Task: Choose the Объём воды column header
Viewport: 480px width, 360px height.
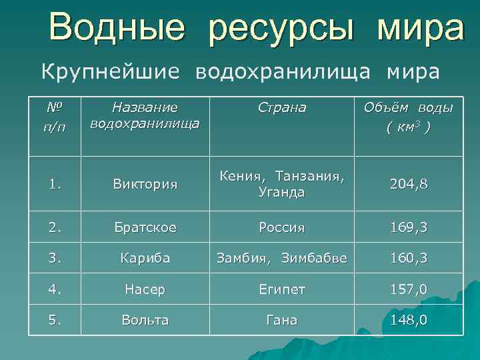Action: coord(408,116)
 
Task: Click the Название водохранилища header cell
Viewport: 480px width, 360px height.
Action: coord(145,115)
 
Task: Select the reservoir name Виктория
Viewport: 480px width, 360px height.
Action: coord(145,184)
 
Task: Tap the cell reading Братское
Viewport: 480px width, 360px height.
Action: coord(145,227)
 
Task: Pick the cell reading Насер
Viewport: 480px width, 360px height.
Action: coord(145,289)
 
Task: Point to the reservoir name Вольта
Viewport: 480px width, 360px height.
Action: coord(145,320)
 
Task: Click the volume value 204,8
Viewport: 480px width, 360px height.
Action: coord(409,184)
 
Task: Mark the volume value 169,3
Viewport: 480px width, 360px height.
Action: coord(409,227)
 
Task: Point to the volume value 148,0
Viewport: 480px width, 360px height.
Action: coord(409,320)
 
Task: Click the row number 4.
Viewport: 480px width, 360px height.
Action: coord(53,289)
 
